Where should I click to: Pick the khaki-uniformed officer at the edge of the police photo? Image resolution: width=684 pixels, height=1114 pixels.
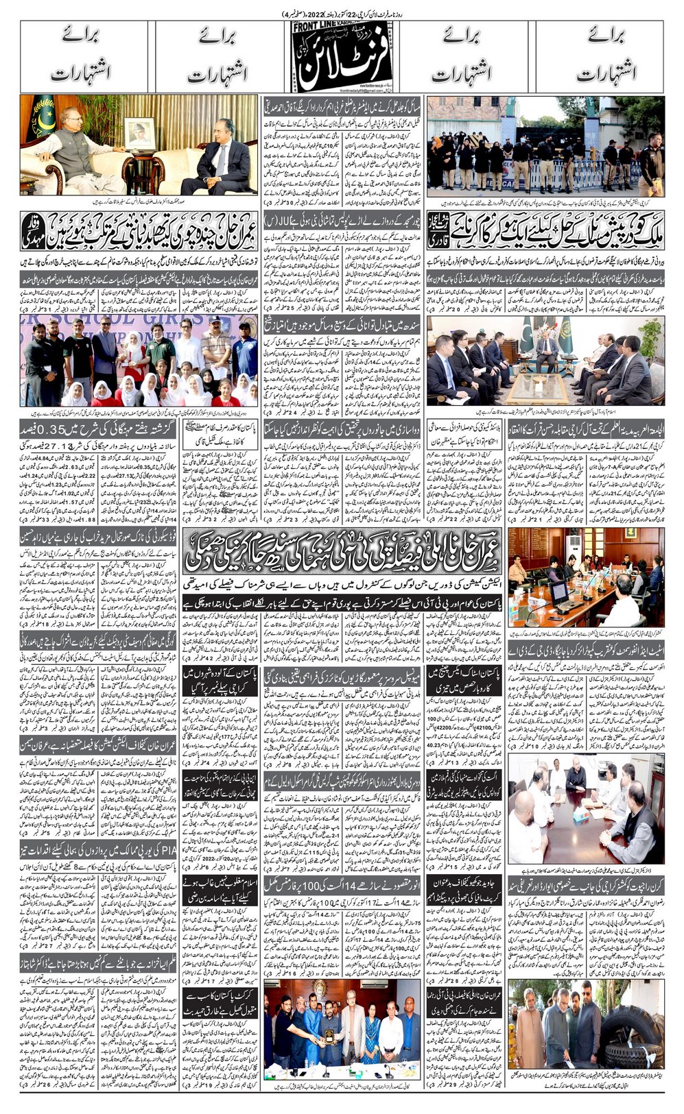(x=652, y=165)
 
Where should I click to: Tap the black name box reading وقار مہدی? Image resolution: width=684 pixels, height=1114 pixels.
(x=245, y=233)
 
